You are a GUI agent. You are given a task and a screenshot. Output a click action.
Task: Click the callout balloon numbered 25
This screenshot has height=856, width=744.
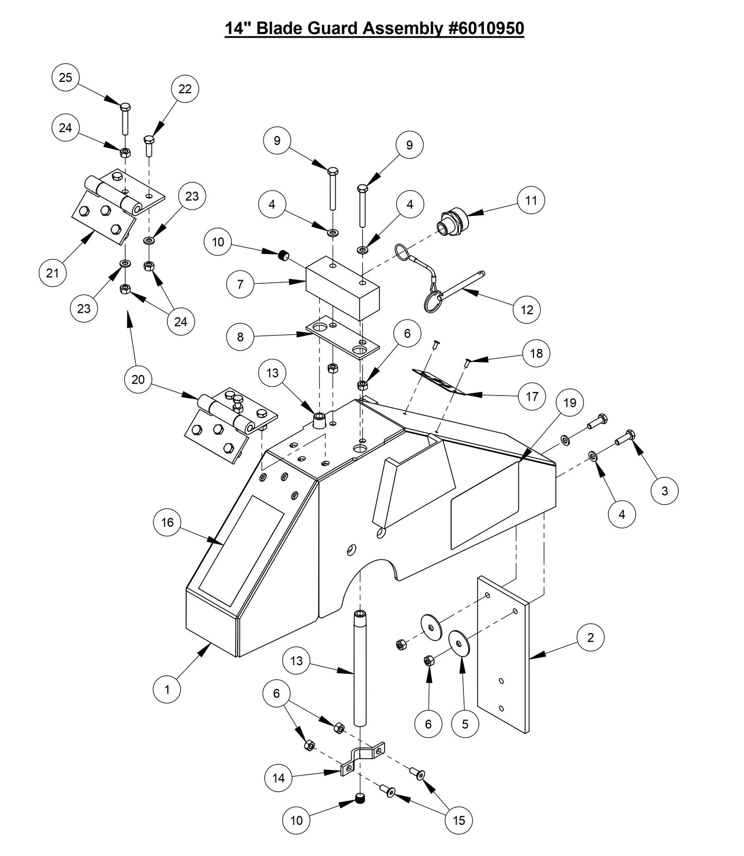point(65,78)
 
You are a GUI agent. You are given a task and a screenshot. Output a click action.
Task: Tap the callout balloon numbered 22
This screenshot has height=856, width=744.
point(185,89)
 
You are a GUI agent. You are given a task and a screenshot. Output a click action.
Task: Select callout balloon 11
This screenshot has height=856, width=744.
point(531,200)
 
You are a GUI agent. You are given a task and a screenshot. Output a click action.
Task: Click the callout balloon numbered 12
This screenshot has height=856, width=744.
point(527,310)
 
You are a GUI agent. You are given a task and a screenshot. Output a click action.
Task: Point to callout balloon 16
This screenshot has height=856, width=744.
point(167,523)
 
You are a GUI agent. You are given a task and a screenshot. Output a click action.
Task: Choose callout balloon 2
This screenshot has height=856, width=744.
point(591,638)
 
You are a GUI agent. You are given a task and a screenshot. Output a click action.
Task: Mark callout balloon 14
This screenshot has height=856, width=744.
point(279,778)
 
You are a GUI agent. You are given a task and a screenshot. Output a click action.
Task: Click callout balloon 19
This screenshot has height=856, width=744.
point(570,402)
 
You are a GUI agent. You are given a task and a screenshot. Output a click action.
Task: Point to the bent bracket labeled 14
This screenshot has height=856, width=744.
point(363,757)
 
